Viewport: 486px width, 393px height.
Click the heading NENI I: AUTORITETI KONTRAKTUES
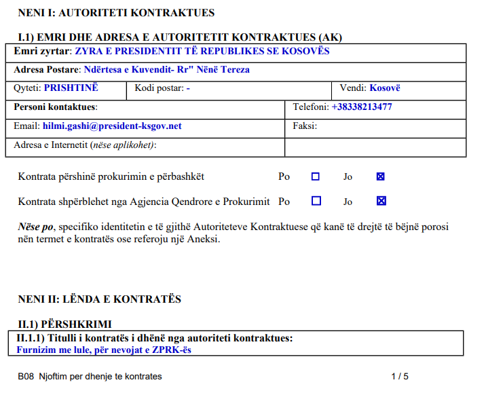tap(116, 13)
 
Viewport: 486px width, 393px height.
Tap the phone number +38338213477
tap(361, 107)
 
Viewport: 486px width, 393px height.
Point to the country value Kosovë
tap(385, 88)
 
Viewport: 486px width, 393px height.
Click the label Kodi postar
tap(159, 88)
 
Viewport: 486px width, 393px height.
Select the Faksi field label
tap(305, 126)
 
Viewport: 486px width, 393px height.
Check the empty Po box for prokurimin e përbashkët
tap(316, 177)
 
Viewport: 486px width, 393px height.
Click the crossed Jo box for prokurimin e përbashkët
tap(381, 177)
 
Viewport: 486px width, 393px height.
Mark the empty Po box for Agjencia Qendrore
tap(316, 201)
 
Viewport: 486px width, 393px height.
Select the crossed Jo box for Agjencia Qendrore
tap(381, 201)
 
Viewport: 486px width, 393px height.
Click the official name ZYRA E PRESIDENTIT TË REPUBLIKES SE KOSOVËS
tap(202, 51)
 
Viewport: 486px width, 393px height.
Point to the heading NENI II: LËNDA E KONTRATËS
tap(99, 299)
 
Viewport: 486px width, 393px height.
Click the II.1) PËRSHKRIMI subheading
tap(64, 324)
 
